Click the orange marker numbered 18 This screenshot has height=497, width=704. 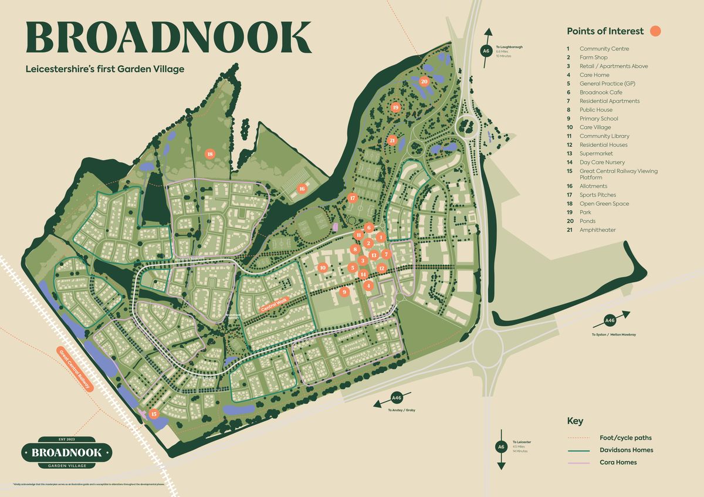(x=209, y=154)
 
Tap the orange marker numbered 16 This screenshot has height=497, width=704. (x=302, y=188)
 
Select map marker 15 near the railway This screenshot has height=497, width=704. (x=154, y=414)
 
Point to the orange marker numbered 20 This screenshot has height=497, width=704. (x=424, y=82)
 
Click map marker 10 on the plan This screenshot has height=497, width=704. (x=323, y=268)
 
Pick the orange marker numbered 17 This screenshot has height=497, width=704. (x=352, y=198)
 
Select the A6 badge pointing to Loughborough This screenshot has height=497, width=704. (x=486, y=51)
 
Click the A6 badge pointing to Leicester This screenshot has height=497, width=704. (x=501, y=447)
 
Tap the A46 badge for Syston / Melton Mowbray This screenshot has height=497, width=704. (x=610, y=321)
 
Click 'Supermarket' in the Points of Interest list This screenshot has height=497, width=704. (x=595, y=154)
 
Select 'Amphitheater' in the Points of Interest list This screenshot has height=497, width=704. (x=597, y=230)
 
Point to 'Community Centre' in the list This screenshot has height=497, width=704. (x=604, y=49)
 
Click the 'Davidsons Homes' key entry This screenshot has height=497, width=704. (x=626, y=450)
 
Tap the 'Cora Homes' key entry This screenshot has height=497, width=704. (x=618, y=462)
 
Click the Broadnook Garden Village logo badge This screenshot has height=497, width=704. (x=66, y=452)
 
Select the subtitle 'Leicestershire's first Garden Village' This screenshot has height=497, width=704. (x=105, y=69)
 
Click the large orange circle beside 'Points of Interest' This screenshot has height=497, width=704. (x=655, y=31)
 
